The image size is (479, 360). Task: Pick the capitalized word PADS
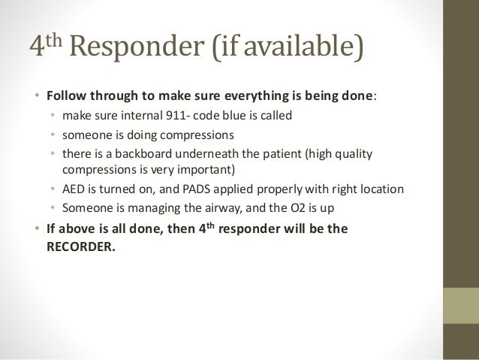[191, 188]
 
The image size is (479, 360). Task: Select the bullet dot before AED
[53, 188]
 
